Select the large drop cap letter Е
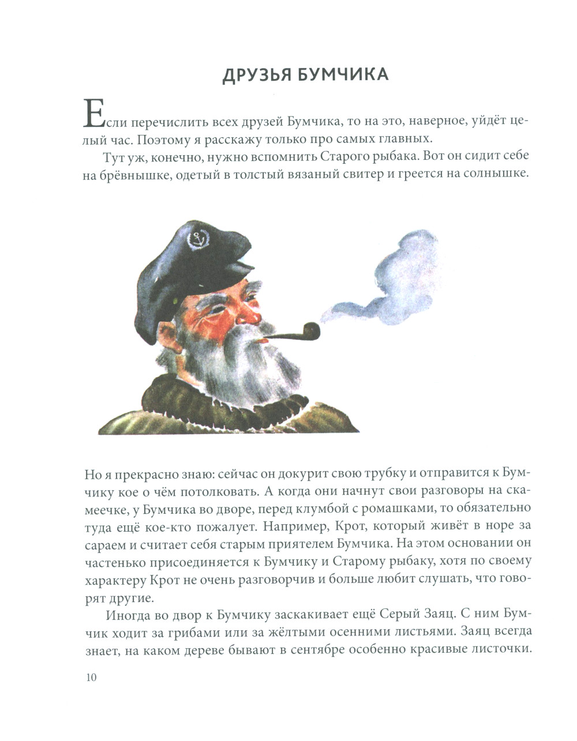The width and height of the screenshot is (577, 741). [x=95, y=113]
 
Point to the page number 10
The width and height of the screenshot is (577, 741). [x=91, y=677]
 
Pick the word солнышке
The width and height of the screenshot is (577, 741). [x=496, y=175]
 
